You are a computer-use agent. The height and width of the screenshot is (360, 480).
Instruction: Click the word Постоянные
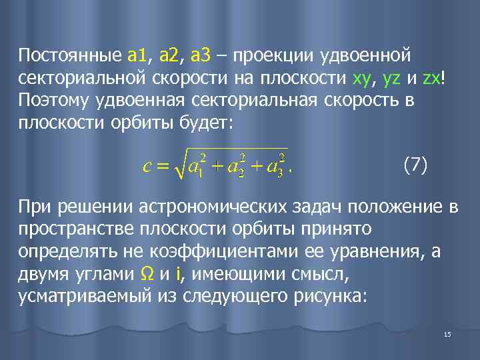pos(69,53)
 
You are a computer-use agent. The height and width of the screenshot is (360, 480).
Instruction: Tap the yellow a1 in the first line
pos(136,53)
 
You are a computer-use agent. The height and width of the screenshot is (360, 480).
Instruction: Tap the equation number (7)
pos(414,165)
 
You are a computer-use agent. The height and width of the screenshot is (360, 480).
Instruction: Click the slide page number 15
pos(447,334)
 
